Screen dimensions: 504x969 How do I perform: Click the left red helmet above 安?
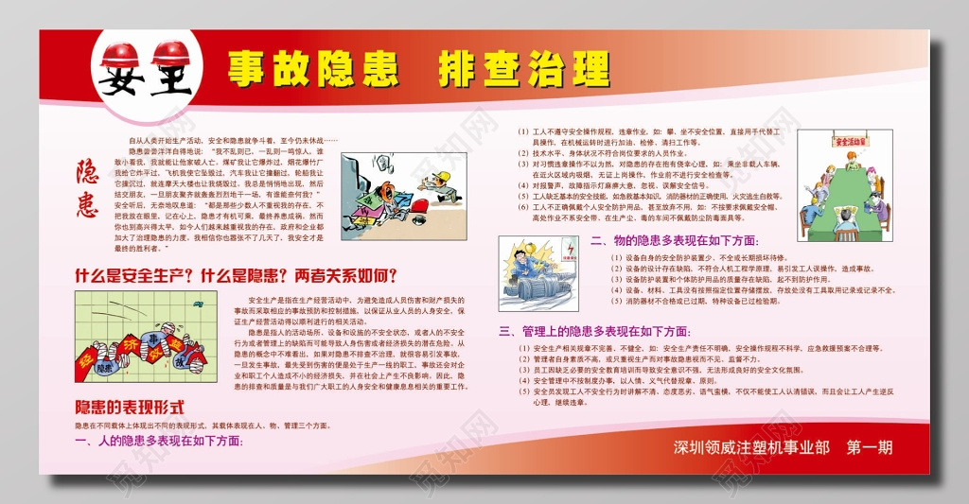(x=120, y=53)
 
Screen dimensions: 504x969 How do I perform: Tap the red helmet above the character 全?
(x=170, y=53)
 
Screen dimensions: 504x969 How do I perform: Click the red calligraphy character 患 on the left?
(x=87, y=201)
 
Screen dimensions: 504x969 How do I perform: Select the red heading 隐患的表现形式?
(x=129, y=407)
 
